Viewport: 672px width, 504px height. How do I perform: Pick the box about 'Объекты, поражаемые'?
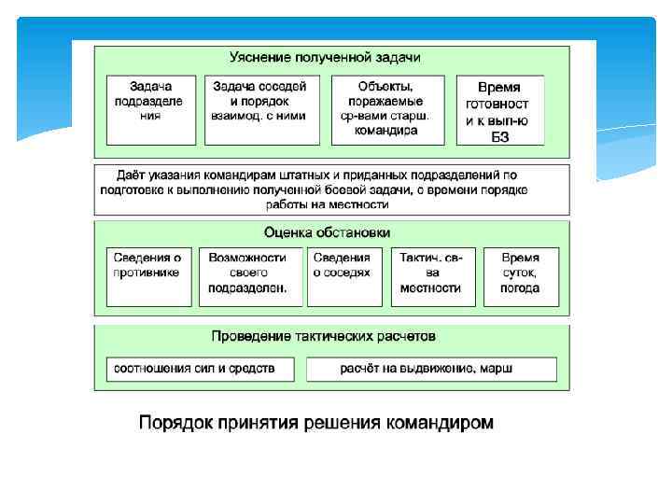tap(385, 109)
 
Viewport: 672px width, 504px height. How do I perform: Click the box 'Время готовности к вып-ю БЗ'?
tap(499, 109)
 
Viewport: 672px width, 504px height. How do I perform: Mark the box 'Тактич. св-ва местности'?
tap(430, 276)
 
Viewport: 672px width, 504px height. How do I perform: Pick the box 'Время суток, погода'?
tap(520, 276)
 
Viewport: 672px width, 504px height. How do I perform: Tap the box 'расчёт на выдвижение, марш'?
tap(431, 369)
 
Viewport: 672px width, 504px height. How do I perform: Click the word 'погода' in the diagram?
tap(520, 288)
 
